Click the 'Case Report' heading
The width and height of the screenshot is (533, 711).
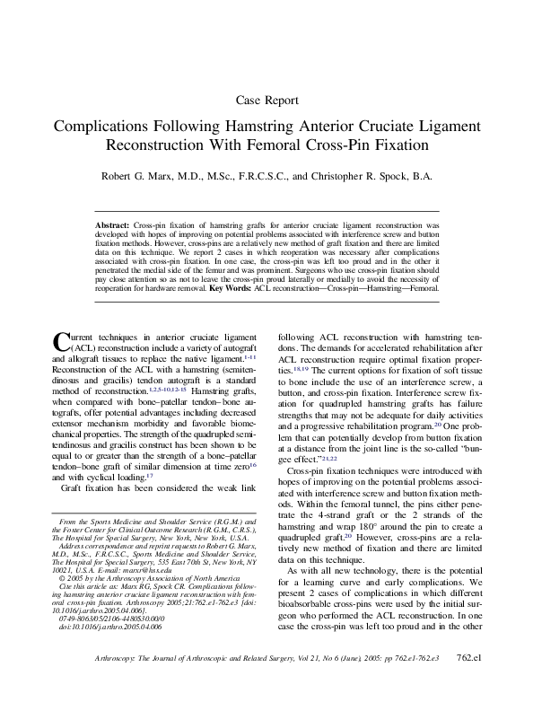click(x=266, y=100)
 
